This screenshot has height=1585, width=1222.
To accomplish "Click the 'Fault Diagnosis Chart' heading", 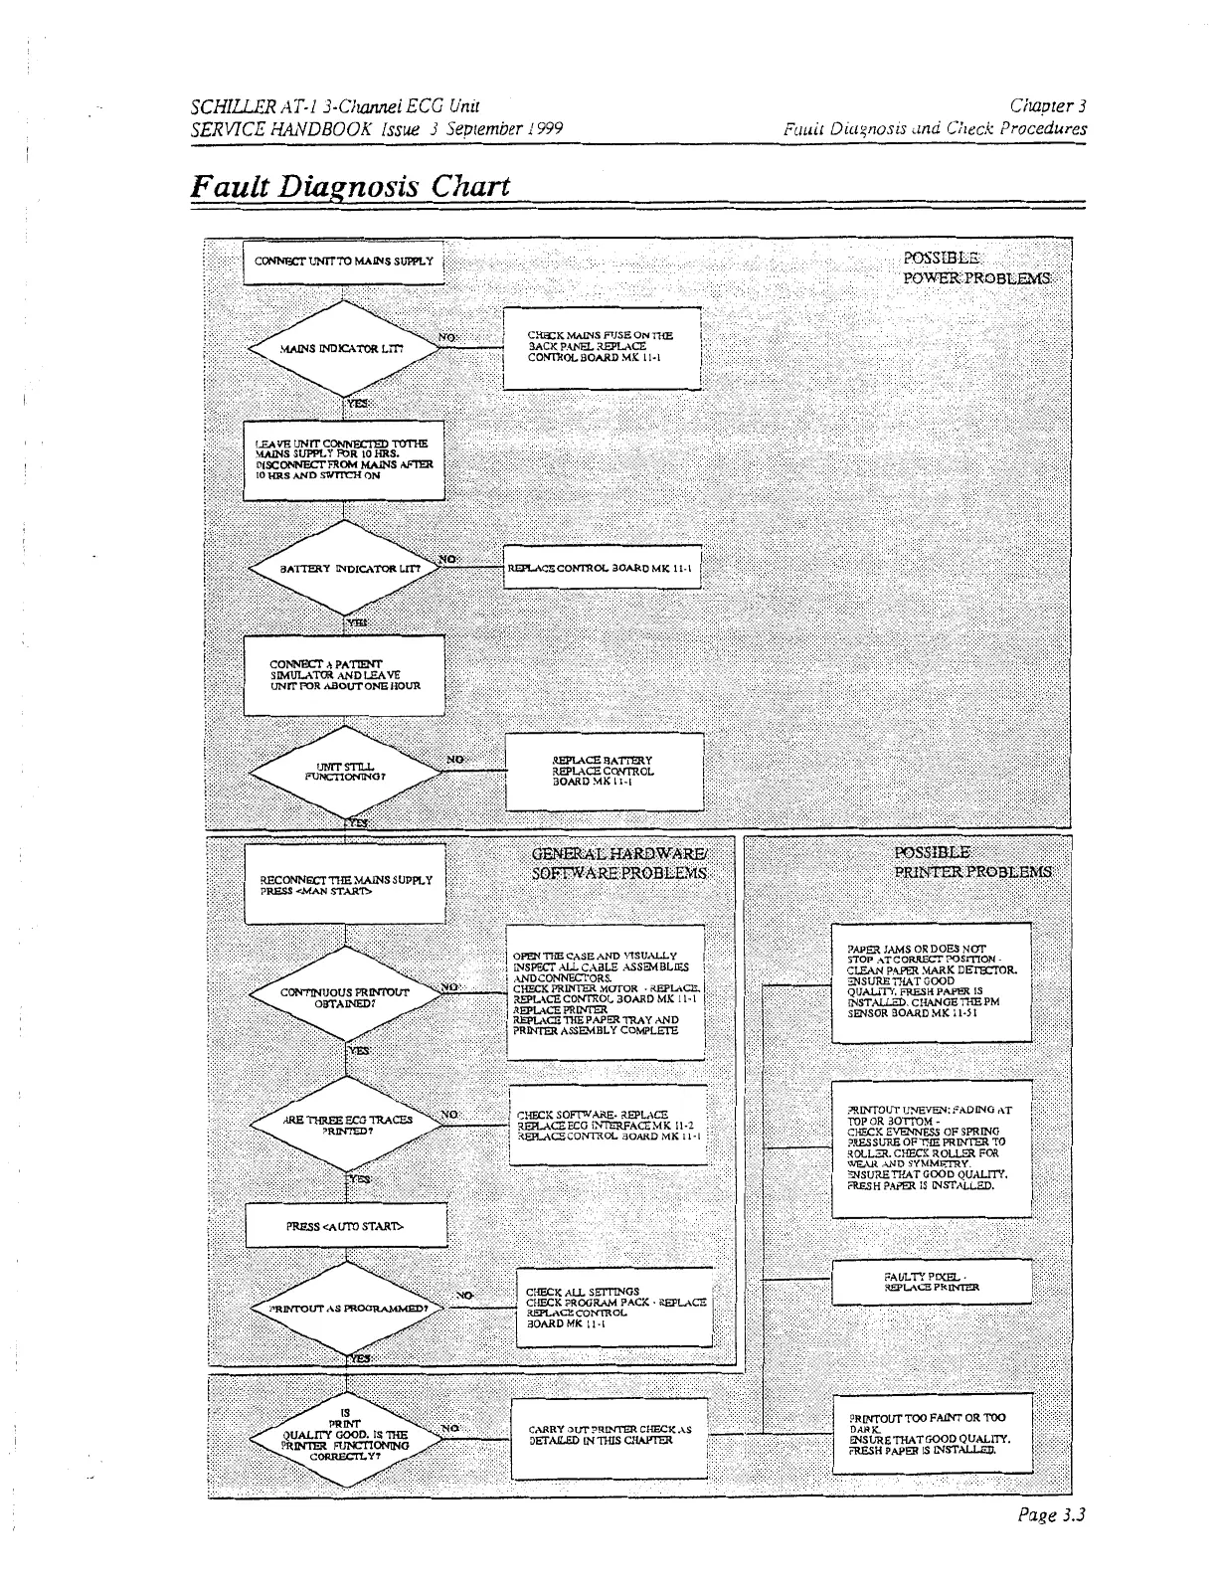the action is pos(351,187).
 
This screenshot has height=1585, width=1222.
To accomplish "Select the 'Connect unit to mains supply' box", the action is pos(343,263).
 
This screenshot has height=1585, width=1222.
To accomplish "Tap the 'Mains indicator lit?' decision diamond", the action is pos(343,349).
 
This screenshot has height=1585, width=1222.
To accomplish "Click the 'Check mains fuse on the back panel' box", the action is pos(602,348).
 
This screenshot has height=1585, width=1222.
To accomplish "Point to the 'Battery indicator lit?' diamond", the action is pos(343,570).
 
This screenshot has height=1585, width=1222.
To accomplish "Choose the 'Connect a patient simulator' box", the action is pos(344,673).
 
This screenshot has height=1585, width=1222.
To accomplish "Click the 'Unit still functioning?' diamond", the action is pos(344,772).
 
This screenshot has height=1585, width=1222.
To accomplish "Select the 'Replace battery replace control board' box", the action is pos(604,772).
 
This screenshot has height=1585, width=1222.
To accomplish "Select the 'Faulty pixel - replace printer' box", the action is pos(932,1282).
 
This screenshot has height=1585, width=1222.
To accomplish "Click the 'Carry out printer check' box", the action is pos(610,1435).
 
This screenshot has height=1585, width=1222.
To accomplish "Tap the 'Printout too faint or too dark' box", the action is pos(932,1433).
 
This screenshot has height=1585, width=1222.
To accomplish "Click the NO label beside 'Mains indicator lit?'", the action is pos(446,338).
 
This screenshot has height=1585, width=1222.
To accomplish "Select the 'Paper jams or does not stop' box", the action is pos(932,982).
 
